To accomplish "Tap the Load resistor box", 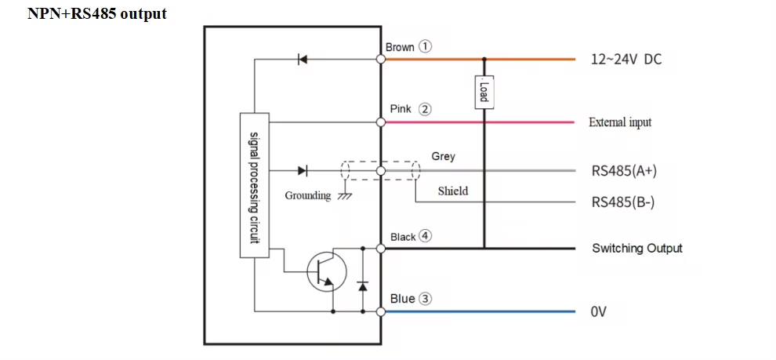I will [x=484, y=92].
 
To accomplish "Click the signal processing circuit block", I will [x=254, y=185].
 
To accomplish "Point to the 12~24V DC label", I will [x=626, y=60].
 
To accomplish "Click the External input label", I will [x=619, y=122].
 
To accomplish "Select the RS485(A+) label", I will [x=623, y=170].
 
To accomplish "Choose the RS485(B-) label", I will [x=622, y=202].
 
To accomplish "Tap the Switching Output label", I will [x=636, y=249].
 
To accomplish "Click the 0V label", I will [x=599, y=312].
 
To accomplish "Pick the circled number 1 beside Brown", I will [x=426, y=46].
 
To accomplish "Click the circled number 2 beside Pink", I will [x=424, y=109].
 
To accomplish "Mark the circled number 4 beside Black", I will [x=426, y=235].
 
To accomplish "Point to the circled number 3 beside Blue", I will [x=426, y=298].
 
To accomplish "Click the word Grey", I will [x=443, y=156].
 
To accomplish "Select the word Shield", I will [x=452, y=191].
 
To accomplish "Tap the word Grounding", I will [x=307, y=195].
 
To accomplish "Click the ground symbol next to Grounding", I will [x=343, y=195].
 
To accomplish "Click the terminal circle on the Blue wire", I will [x=381, y=312].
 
